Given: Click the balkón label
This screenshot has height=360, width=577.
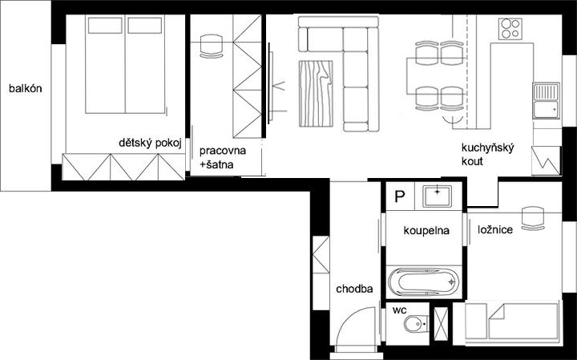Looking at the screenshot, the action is tap(26, 89).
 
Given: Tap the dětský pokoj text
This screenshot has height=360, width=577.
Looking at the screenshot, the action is tap(150, 144).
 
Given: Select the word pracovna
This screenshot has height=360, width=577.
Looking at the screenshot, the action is tap(223, 151).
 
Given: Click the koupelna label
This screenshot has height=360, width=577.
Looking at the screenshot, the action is tap(426, 231).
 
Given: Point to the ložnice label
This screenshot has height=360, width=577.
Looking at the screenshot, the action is tap(495, 230).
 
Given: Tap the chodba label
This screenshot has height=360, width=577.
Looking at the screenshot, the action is tap(354, 289).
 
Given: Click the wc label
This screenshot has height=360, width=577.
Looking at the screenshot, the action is tap(399, 310).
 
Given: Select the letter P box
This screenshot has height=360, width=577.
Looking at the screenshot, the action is tap(400, 196).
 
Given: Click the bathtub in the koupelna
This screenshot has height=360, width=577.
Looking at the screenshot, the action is tap(424, 282).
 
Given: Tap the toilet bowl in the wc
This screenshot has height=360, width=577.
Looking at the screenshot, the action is tap(416, 324).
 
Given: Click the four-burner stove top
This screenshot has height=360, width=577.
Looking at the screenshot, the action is tap(510, 29).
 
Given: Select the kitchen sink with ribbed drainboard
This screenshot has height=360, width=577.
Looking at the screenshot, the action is tap(546, 101).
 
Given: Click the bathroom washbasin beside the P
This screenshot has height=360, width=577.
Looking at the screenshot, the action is tap(438, 196).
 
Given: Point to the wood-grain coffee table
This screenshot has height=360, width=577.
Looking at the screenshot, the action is tap(316, 94).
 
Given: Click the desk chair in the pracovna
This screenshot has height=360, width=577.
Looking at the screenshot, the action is tap(212, 47).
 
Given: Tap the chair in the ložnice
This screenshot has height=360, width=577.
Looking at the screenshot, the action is tap(533, 219).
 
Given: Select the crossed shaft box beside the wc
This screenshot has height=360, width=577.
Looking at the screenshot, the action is tap(442, 324).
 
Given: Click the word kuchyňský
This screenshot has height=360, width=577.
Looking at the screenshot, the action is tap(487, 148).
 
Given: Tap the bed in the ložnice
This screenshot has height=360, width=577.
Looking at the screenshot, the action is tap(513, 322).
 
